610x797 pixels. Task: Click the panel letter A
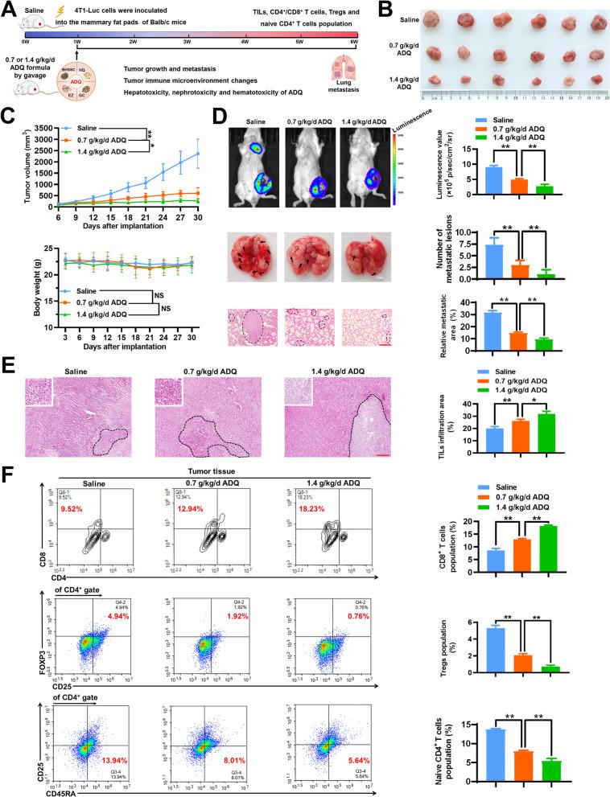(10, 10)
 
